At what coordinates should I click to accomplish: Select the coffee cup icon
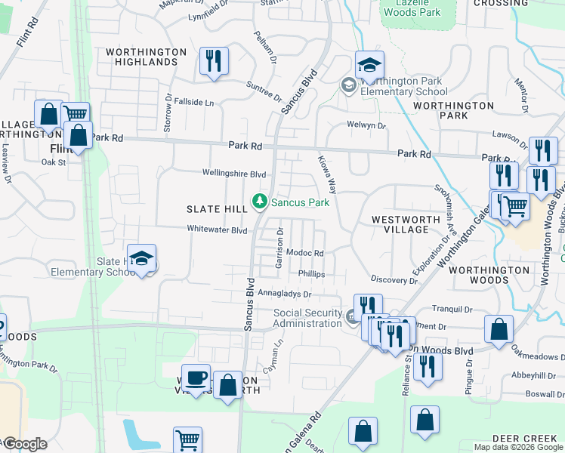coord(196,377)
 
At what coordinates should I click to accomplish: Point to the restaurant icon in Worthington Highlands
coord(214,60)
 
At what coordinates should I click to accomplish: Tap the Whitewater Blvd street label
coord(217,230)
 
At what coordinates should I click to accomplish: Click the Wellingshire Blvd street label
coord(233,173)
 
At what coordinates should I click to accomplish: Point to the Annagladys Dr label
coord(285,293)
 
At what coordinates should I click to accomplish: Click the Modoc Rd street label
coord(305,254)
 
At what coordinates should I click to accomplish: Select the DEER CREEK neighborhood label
coord(524,439)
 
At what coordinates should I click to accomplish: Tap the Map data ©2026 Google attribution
coord(518,447)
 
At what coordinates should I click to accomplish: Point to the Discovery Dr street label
coord(393,280)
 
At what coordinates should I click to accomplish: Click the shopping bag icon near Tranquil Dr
coord(499,329)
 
